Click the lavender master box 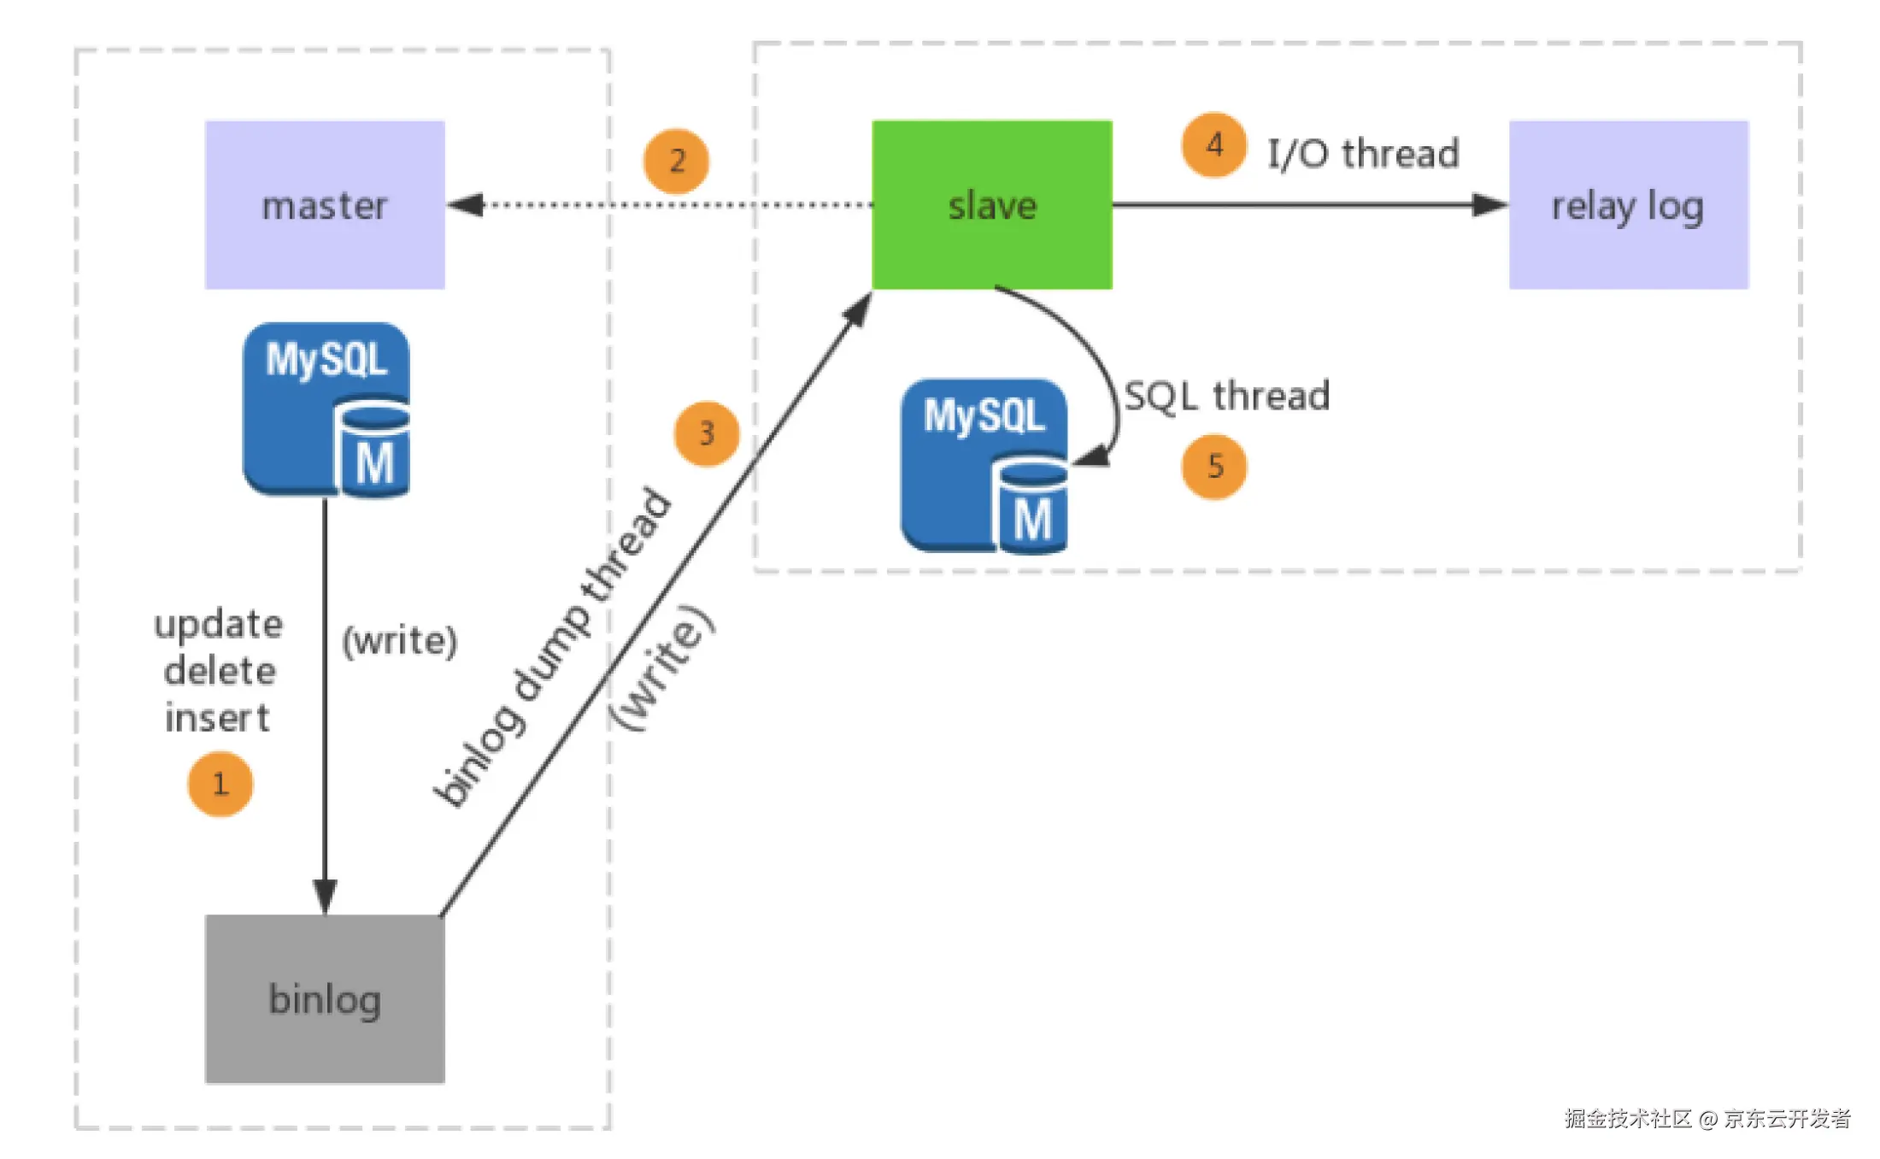(325, 205)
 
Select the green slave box (992, 205)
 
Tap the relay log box (1628, 205)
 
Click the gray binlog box (325, 998)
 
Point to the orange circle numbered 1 (220, 784)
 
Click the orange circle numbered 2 (677, 161)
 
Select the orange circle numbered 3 (707, 433)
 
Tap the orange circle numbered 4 (1214, 144)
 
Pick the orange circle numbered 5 (1214, 467)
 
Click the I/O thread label (1363, 155)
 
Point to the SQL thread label (1226, 397)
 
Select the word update (219, 625)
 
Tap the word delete (220, 671)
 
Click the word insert (218, 718)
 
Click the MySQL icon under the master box (326, 409)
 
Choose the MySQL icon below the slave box (984, 466)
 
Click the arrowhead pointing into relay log (1489, 205)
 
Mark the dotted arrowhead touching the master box (466, 205)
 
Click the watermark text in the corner (1707, 1118)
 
